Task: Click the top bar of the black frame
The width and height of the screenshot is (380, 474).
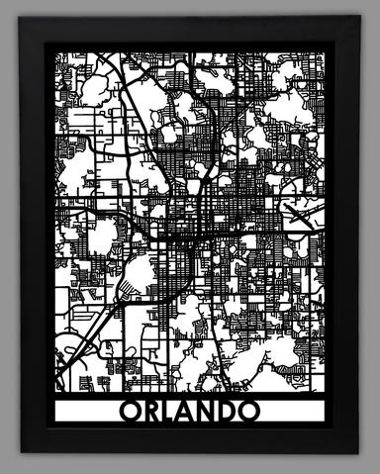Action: point(190,32)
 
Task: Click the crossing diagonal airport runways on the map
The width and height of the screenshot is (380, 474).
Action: point(300,210)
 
